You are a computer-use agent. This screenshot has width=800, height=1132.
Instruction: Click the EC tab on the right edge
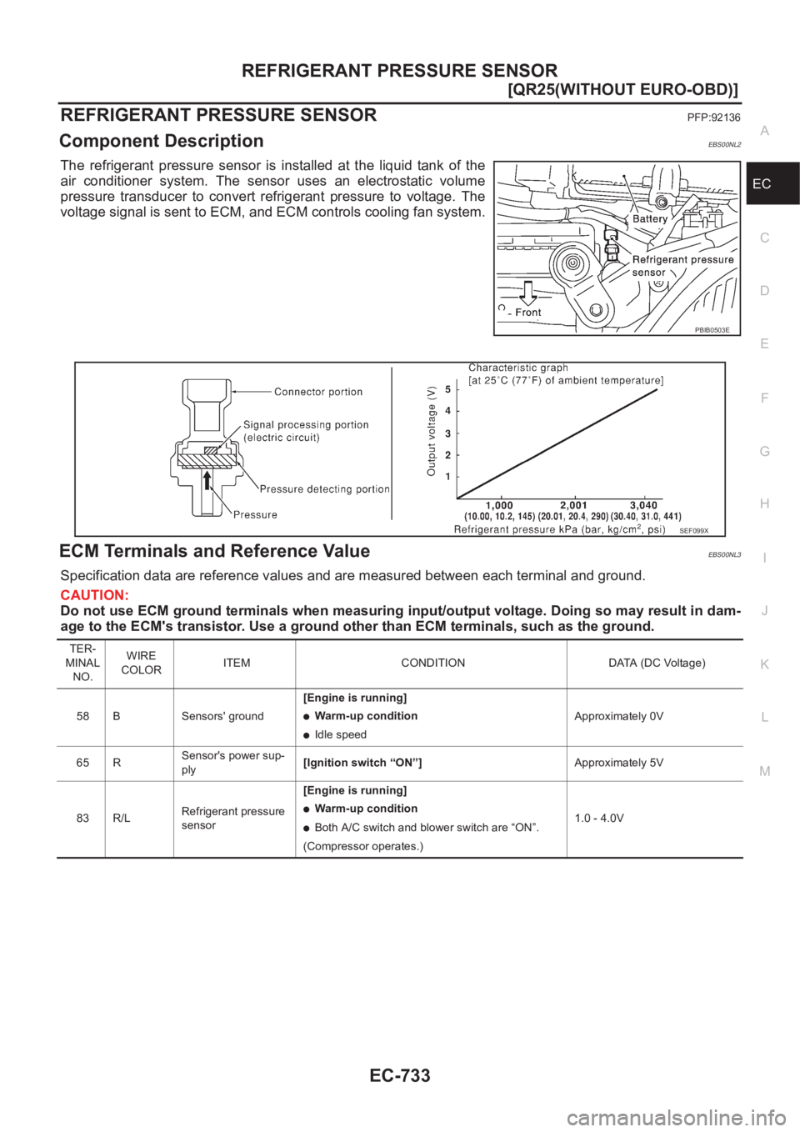click(762, 183)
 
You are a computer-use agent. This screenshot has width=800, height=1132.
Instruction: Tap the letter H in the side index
click(764, 503)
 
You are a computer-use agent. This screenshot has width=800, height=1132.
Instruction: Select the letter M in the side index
click(765, 770)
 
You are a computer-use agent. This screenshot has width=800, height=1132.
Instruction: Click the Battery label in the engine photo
click(650, 218)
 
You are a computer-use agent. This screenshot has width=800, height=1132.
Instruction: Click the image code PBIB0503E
click(712, 330)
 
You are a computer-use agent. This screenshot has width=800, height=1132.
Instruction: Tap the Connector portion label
click(318, 392)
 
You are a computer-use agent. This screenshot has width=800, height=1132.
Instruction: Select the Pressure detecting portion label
click(324, 489)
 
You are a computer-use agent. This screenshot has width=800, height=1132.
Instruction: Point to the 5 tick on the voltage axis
click(447, 389)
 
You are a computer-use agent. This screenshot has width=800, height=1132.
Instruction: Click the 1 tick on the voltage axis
click(447, 477)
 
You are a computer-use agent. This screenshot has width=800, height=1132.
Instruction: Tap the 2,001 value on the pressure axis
click(573, 505)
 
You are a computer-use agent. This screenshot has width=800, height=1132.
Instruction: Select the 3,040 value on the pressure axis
click(643, 505)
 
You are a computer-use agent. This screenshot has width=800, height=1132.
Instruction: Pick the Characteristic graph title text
click(517, 367)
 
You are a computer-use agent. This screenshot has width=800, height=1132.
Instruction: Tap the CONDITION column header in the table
click(432, 663)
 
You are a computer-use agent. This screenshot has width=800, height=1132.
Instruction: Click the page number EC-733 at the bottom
click(400, 1075)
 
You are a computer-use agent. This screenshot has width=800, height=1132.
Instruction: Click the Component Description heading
click(162, 141)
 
